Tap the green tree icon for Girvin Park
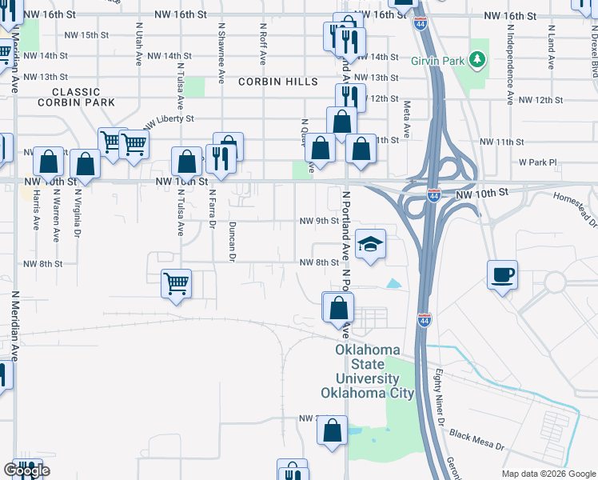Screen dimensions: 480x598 coord(477,59)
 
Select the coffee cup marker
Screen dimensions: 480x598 coord(502,275)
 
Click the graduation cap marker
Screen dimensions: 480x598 coord(370,245)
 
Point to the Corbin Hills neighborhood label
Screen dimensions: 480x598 coord(271,81)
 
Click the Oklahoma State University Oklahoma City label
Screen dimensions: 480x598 coord(367,372)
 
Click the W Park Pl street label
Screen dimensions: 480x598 coord(536,162)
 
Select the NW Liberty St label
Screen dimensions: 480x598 coord(169,119)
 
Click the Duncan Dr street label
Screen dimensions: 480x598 coord(233,242)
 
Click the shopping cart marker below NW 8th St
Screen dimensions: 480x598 coord(176,283)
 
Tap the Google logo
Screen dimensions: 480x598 coord(26,471)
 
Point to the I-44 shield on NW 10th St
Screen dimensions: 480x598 coord(433,195)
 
